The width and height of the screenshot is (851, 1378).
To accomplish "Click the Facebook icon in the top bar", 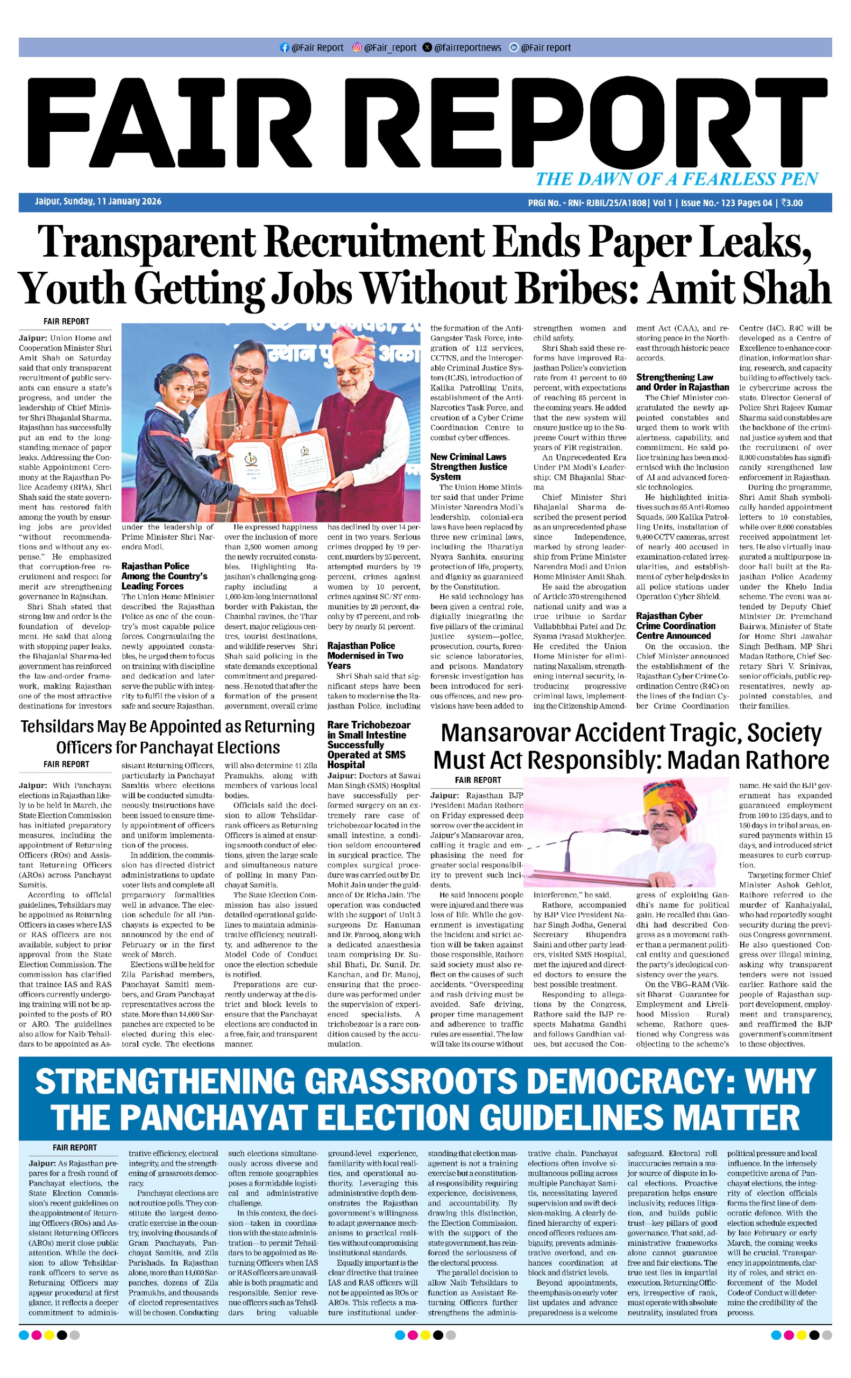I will pyautogui.click(x=284, y=48).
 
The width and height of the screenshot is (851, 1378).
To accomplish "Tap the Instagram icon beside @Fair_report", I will pyautogui.click(x=357, y=48).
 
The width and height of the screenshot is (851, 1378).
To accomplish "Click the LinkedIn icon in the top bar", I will pyautogui.click(x=513, y=48).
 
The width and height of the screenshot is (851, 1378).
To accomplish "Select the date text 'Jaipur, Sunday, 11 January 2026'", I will pyautogui.click(x=98, y=202).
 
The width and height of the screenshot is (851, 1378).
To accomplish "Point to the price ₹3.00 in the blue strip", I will pyautogui.click(x=791, y=203).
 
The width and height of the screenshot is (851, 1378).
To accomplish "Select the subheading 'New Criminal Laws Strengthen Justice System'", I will pyautogui.click(x=469, y=466).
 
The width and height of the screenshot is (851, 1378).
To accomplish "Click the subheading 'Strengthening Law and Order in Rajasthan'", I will pyautogui.click(x=682, y=382).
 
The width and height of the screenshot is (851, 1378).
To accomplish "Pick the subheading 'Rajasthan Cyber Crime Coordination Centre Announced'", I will pyautogui.click(x=676, y=625).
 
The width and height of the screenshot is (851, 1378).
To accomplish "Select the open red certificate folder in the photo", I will pyautogui.click(x=281, y=459).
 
